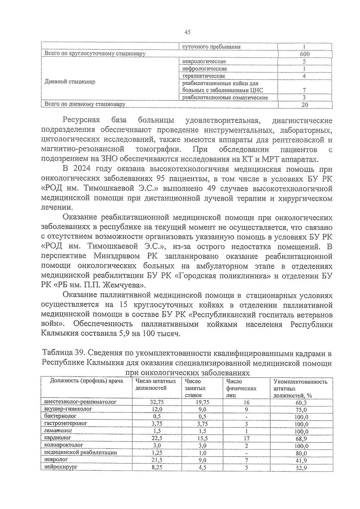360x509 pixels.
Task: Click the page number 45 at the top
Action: pyautogui.click(x=187, y=32)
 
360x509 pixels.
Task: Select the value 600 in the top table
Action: pyautogui.click(x=304, y=54)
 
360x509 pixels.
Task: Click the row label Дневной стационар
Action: pyautogui.click(x=70, y=82)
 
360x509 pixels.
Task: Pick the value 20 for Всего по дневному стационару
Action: pyautogui.click(x=304, y=105)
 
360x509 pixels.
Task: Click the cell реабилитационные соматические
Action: pyautogui.click(x=225, y=97)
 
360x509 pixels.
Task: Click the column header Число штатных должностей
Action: pyautogui.click(x=155, y=385)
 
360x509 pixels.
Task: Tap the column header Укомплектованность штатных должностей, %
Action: pyautogui.click(x=300, y=388)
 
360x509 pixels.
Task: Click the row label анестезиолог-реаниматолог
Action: pyautogui.click(x=80, y=402)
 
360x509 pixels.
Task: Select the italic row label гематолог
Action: pyautogui.click(x=58, y=431)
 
